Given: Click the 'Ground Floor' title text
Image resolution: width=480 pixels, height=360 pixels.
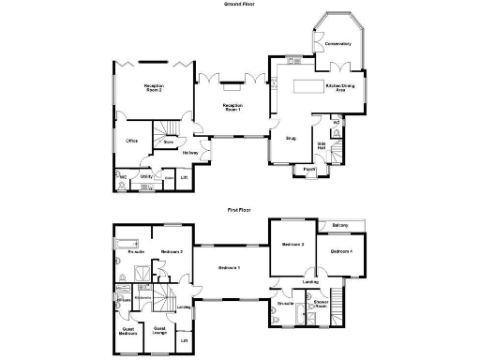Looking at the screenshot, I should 238,5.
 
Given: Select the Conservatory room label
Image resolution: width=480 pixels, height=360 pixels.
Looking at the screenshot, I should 338,44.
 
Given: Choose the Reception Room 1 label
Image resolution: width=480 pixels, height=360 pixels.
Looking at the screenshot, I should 232,108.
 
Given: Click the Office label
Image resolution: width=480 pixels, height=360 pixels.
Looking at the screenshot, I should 132,141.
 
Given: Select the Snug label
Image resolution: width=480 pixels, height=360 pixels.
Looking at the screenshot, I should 291,138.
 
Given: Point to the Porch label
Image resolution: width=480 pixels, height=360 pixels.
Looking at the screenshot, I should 308,170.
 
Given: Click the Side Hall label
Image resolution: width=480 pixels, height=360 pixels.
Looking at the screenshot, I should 321,145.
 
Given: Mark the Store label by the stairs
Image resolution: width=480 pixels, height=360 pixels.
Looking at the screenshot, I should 169,143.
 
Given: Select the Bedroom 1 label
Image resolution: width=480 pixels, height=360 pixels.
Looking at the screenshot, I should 230,269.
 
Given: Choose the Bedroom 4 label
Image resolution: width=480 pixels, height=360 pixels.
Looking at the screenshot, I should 339,252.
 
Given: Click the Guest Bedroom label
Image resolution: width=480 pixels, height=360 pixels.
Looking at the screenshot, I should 128,331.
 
